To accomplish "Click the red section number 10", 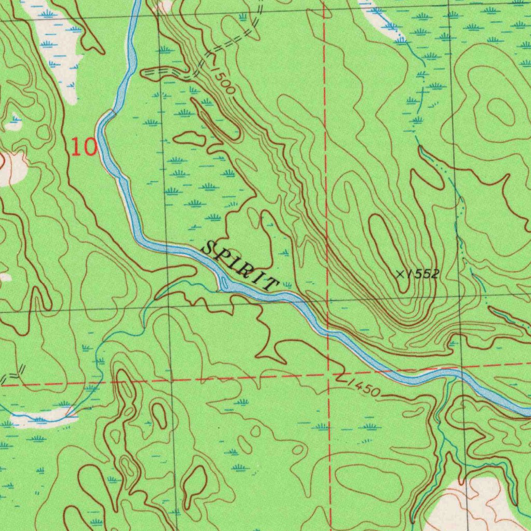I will tap(84, 147).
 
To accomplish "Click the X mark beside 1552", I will tap(400, 274).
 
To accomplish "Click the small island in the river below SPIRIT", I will tap(224, 283).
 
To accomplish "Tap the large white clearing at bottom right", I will tap(480, 506).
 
